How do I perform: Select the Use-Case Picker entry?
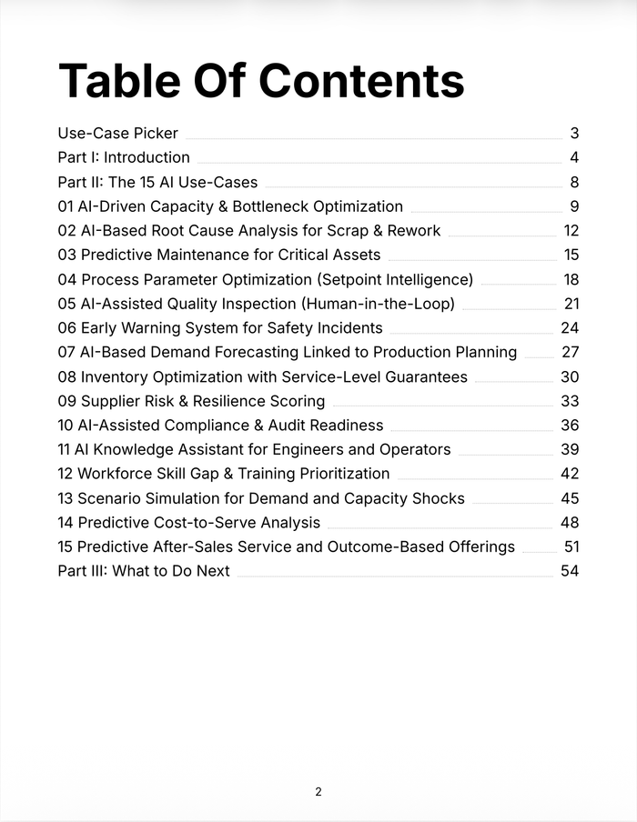click(x=117, y=134)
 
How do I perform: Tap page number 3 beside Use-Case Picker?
click(x=574, y=134)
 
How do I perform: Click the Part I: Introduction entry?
click(x=124, y=157)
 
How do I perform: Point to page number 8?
click(x=574, y=182)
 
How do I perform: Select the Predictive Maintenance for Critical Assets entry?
click(x=218, y=255)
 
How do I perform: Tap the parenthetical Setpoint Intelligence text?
click(x=394, y=279)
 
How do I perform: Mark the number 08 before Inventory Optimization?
click(x=66, y=376)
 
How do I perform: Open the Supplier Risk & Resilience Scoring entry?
click(x=191, y=401)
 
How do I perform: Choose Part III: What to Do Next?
click(x=144, y=571)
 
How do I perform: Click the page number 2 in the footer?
click(x=318, y=792)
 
